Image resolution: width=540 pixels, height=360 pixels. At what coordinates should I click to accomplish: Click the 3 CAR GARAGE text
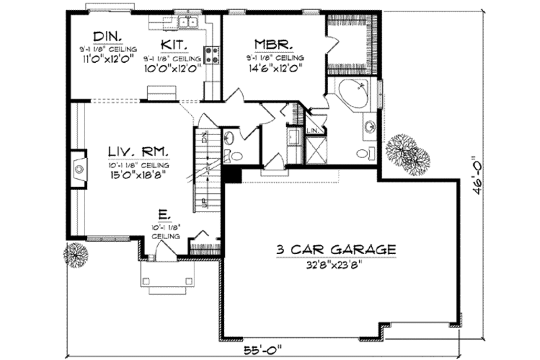(x=335, y=249)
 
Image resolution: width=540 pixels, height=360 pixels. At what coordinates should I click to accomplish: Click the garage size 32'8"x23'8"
(x=335, y=264)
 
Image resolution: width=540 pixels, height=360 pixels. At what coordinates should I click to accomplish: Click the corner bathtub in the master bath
(x=354, y=94)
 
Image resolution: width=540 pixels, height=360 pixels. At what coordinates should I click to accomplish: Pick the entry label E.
(x=163, y=214)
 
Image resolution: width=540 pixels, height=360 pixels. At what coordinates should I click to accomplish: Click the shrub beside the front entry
(x=75, y=255)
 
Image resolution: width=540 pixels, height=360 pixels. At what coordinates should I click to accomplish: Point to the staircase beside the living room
(x=205, y=169)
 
